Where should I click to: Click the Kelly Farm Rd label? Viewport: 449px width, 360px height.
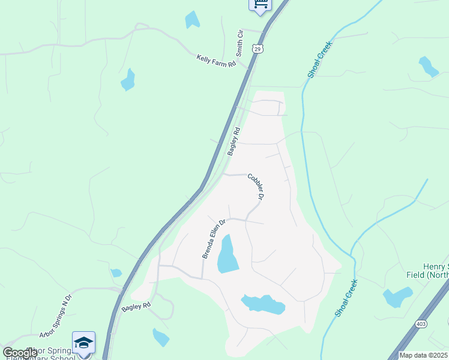coord(217,61)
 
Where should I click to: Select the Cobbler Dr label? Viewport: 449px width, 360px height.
coord(256,186)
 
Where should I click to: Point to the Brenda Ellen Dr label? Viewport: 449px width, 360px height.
coord(213,239)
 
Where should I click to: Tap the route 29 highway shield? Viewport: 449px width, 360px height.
coord(258,49)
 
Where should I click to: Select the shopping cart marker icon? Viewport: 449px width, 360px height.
coord(260,4)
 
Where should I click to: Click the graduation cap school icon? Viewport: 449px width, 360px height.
coord(83,342)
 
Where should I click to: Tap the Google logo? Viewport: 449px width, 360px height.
coord(20,353)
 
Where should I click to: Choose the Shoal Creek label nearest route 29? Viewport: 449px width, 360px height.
coord(320,59)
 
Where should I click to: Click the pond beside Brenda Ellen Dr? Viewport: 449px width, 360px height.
coord(228,254)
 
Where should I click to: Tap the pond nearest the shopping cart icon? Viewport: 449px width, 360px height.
coord(192,20)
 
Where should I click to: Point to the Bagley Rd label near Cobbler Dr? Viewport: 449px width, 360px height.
coord(234,142)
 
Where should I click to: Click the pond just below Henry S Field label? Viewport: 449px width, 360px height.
coord(397,297)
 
